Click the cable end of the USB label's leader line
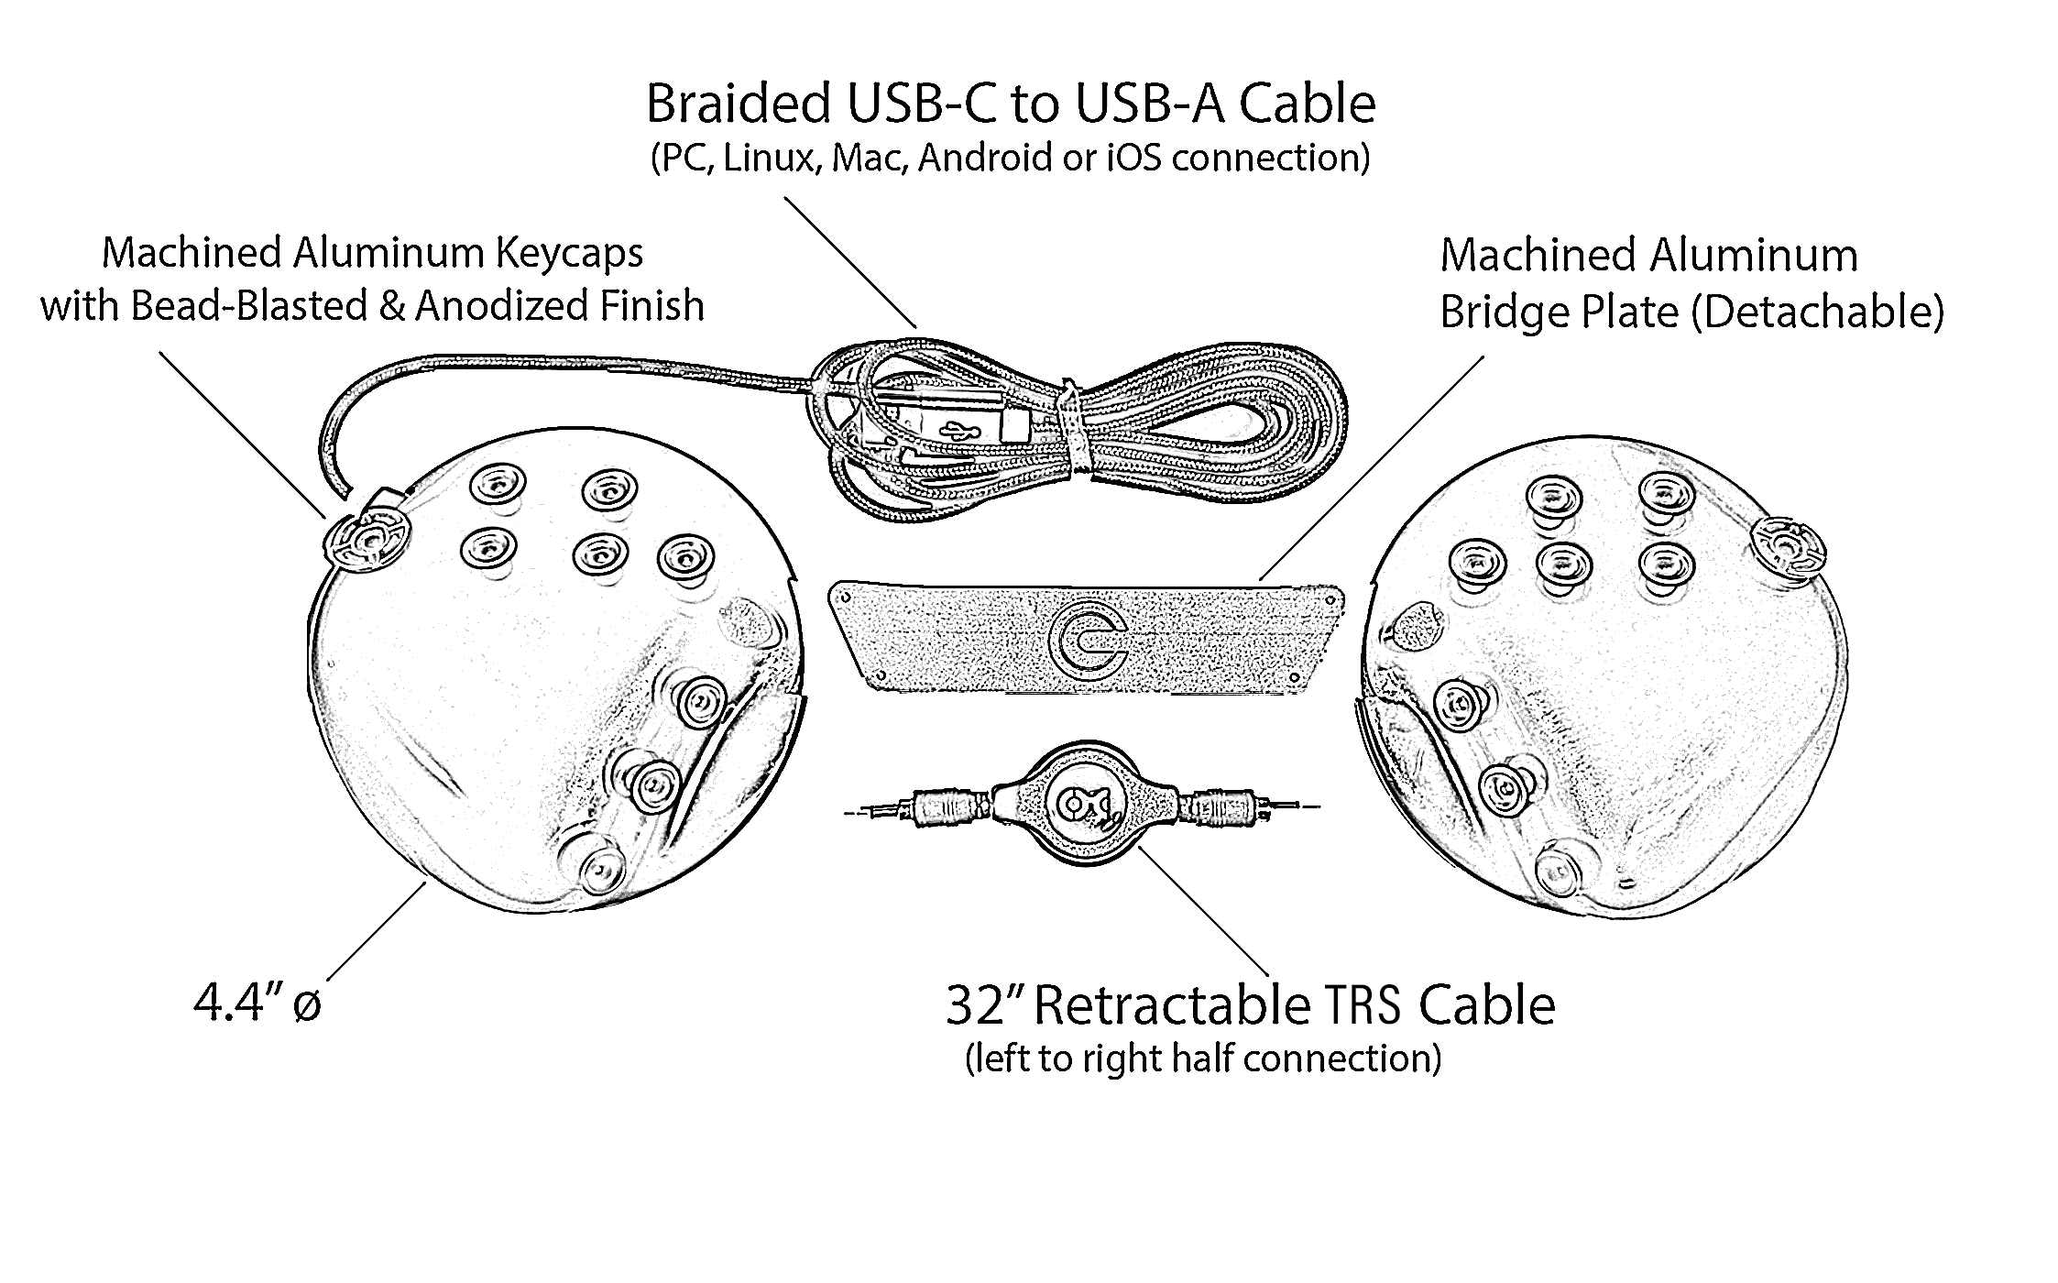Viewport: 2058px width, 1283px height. [915, 327]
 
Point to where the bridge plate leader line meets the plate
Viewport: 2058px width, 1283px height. [1260, 581]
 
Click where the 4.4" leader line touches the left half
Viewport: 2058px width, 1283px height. [425, 881]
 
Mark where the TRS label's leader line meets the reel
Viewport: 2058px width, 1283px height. [1138, 849]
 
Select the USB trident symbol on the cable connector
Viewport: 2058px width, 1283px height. [959, 428]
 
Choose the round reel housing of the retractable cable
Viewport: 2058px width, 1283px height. [1083, 803]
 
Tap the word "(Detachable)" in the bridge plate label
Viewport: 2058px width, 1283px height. [1815, 312]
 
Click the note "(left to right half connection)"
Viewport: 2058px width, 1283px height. [1203, 1058]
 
